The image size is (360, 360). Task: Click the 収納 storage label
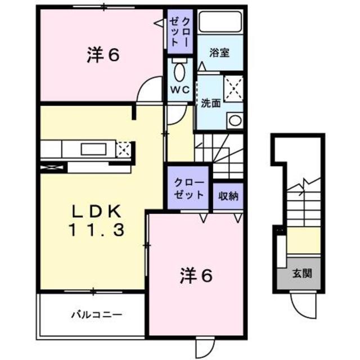[229, 196]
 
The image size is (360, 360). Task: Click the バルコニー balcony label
[96, 314]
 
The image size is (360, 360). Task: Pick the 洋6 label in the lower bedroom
[197, 276]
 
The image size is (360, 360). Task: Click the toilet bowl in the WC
[181, 72]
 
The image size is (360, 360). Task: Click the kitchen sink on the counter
[93, 149]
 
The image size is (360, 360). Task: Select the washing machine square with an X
[233, 87]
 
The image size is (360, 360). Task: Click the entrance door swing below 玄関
[302, 304]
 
